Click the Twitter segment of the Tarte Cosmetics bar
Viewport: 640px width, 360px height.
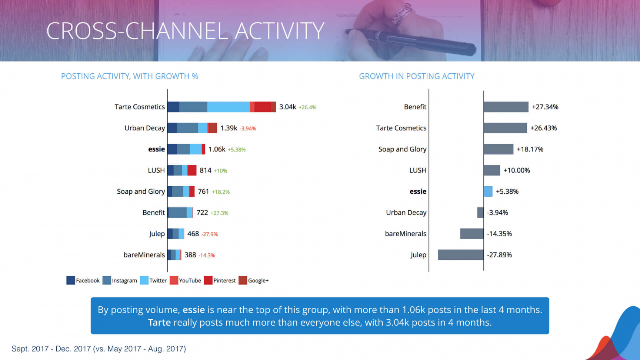coord(229,107)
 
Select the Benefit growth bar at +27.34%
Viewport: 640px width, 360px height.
coord(506,107)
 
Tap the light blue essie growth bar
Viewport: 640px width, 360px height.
coord(488,191)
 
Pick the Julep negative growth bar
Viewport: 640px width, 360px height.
coord(461,255)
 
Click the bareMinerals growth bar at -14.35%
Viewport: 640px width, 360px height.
coord(472,234)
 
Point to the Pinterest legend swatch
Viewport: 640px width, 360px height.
coord(208,280)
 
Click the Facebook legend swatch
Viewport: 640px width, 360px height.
coord(70,280)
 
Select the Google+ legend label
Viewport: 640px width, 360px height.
coord(258,281)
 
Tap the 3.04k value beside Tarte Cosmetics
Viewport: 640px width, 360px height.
coord(287,107)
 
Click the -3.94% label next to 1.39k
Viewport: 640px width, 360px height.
coord(248,129)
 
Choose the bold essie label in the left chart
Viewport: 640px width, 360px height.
coord(156,149)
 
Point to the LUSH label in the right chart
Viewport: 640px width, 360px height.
coord(417,170)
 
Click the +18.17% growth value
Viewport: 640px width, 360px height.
coord(530,149)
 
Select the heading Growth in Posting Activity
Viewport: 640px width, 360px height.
coord(417,76)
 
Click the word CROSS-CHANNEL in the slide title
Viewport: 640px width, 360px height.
coord(137,31)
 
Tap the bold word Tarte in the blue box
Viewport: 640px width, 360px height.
coord(159,322)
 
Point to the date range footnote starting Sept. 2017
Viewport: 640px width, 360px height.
coord(99,349)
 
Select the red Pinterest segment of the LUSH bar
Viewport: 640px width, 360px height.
coord(192,170)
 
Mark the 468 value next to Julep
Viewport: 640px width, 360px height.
coord(193,234)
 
